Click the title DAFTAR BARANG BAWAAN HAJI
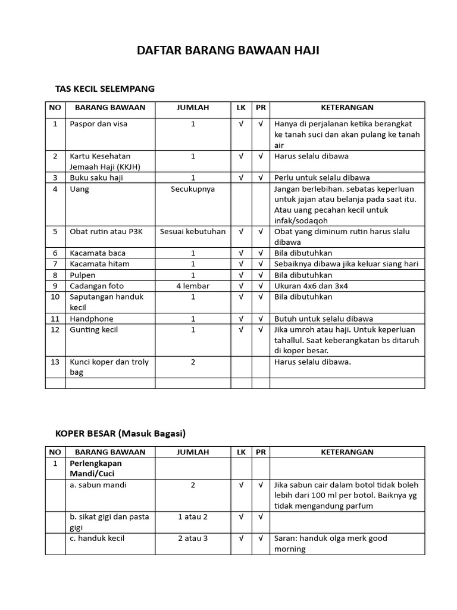click(x=228, y=51)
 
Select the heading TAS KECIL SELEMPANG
click(x=105, y=89)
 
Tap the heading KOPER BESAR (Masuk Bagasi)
click(x=121, y=433)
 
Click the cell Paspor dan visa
click(x=98, y=124)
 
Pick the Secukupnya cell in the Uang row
click(x=193, y=189)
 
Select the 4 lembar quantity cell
click(x=193, y=286)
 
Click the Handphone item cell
click(x=91, y=319)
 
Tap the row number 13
click(x=55, y=362)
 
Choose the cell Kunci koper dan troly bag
click(x=109, y=367)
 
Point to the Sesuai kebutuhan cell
click(x=193, y=231)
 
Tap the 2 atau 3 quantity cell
click(x=193, y=538)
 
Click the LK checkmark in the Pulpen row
click(x=241, y=275)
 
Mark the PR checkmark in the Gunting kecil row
click(x=261, y=329)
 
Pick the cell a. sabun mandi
click(x=98, y=485)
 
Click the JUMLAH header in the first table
click(x=193, y=108)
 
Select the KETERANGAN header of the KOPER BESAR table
click(x=347, y=452)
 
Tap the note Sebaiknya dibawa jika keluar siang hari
click(x=346, y=264)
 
